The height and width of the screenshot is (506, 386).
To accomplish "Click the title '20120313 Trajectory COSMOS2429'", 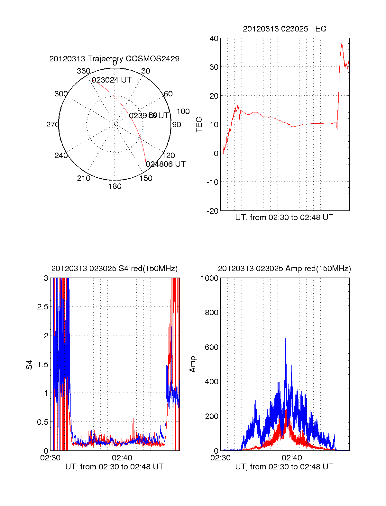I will click(114, 59).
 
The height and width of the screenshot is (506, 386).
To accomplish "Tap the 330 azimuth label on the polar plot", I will click(83, 71).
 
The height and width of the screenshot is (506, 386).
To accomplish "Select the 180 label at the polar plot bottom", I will click(115, 186).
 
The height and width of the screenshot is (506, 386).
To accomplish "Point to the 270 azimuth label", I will click(52, 125).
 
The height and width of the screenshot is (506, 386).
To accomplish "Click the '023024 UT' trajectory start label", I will click(112, 80).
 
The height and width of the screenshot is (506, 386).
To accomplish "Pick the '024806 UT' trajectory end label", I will click(166, 164).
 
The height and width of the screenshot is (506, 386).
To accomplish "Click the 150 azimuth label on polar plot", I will click(146, 178).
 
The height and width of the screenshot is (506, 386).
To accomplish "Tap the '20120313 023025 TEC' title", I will click(284, 29).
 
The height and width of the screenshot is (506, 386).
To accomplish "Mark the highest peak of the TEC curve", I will click(342, 43).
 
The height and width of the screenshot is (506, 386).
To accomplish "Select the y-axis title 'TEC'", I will click(199, 125).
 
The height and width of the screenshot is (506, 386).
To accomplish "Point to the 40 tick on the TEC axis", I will click(214, 39).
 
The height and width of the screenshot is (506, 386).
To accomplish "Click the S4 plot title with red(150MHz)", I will click(114, 269).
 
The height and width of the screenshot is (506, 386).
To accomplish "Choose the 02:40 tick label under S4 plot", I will click(122, 457).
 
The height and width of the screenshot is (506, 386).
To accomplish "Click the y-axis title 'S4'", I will click(29, 365).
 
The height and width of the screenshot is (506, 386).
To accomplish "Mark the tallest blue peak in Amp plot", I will click(285, 339).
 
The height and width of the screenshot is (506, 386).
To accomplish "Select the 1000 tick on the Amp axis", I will click(209, 278).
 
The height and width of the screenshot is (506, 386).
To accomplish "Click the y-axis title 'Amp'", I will click(193, 364).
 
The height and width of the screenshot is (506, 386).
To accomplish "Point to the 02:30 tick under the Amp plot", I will click(220, 457).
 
